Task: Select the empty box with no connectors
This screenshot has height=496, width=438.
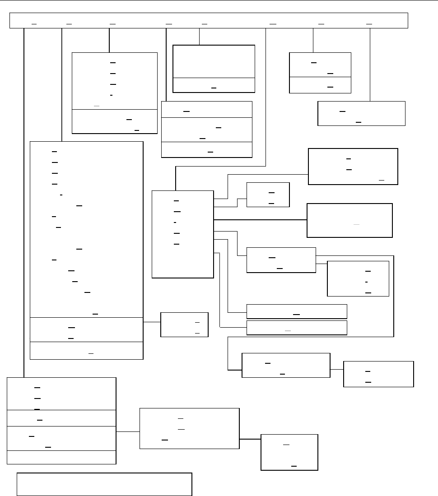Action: pos(104,484)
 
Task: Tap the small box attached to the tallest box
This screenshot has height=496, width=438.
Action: pos(184,324)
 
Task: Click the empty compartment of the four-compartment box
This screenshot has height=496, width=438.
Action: pos(61,457)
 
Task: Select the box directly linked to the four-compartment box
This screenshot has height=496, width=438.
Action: pos(189,428)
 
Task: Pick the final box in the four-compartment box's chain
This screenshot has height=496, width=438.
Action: pos(289,452)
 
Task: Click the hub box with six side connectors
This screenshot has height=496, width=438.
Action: pos(182,234)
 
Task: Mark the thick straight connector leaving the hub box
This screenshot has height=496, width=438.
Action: pos(260,220)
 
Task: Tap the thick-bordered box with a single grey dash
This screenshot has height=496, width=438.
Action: pos(349,220)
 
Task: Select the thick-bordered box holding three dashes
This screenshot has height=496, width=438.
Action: pos(353,166)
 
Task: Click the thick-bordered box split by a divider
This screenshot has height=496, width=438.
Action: pos(214,69)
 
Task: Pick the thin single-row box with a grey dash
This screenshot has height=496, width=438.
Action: pos(297,328)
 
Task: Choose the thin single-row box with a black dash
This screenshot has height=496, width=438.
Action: pos(297,311)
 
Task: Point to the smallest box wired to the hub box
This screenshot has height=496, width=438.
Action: pos(268,195)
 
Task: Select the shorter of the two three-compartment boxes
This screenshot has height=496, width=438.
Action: pos(206,129)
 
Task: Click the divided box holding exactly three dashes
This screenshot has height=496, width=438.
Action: pos(320,73)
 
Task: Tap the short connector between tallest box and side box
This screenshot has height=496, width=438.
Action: pos(152,322)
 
